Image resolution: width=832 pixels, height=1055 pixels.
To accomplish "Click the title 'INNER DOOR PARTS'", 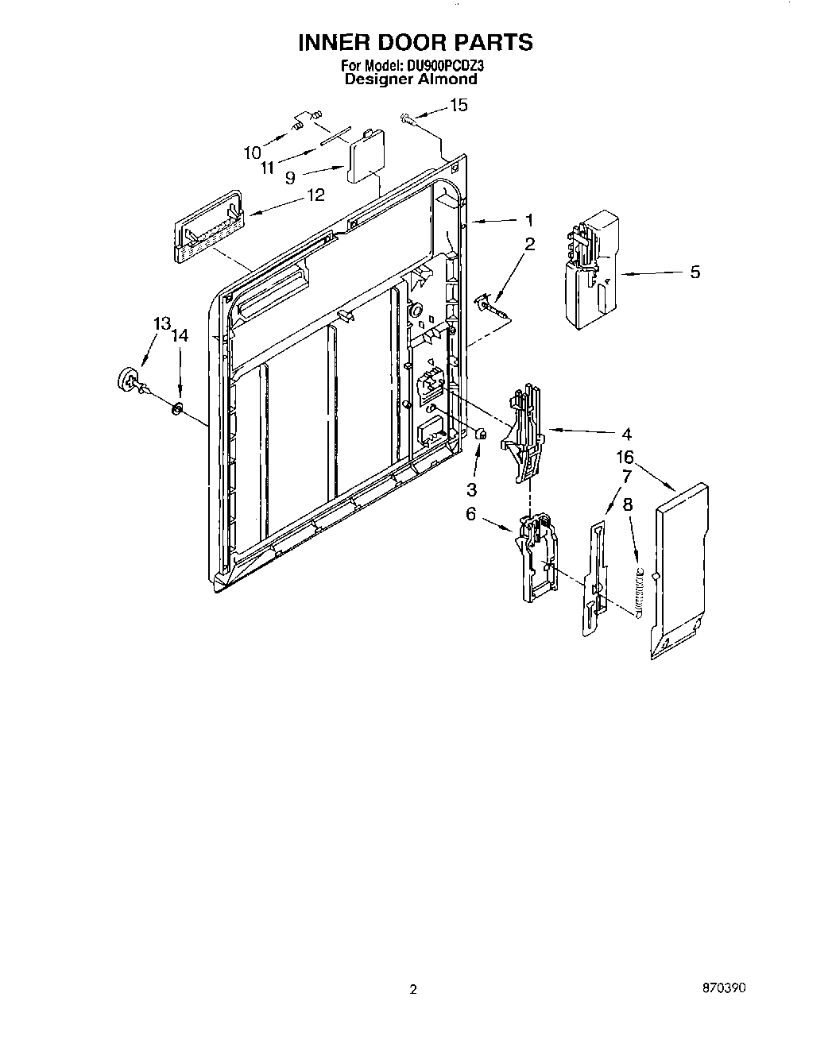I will click(415, 43).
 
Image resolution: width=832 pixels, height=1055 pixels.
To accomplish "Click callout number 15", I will click(459, 105).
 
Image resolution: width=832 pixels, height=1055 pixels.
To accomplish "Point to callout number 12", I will click(315, 195).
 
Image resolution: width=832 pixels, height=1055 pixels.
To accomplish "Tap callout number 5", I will click(695, 272).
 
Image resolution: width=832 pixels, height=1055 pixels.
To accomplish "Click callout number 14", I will click(180, 336).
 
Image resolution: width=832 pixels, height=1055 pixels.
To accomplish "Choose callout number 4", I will click(626, 434).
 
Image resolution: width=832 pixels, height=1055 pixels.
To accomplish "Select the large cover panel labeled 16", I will click(679, 570).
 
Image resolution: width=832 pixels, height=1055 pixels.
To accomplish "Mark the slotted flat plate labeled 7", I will click(596, 578).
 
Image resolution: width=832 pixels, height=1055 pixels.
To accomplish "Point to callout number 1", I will click(528, 221).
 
